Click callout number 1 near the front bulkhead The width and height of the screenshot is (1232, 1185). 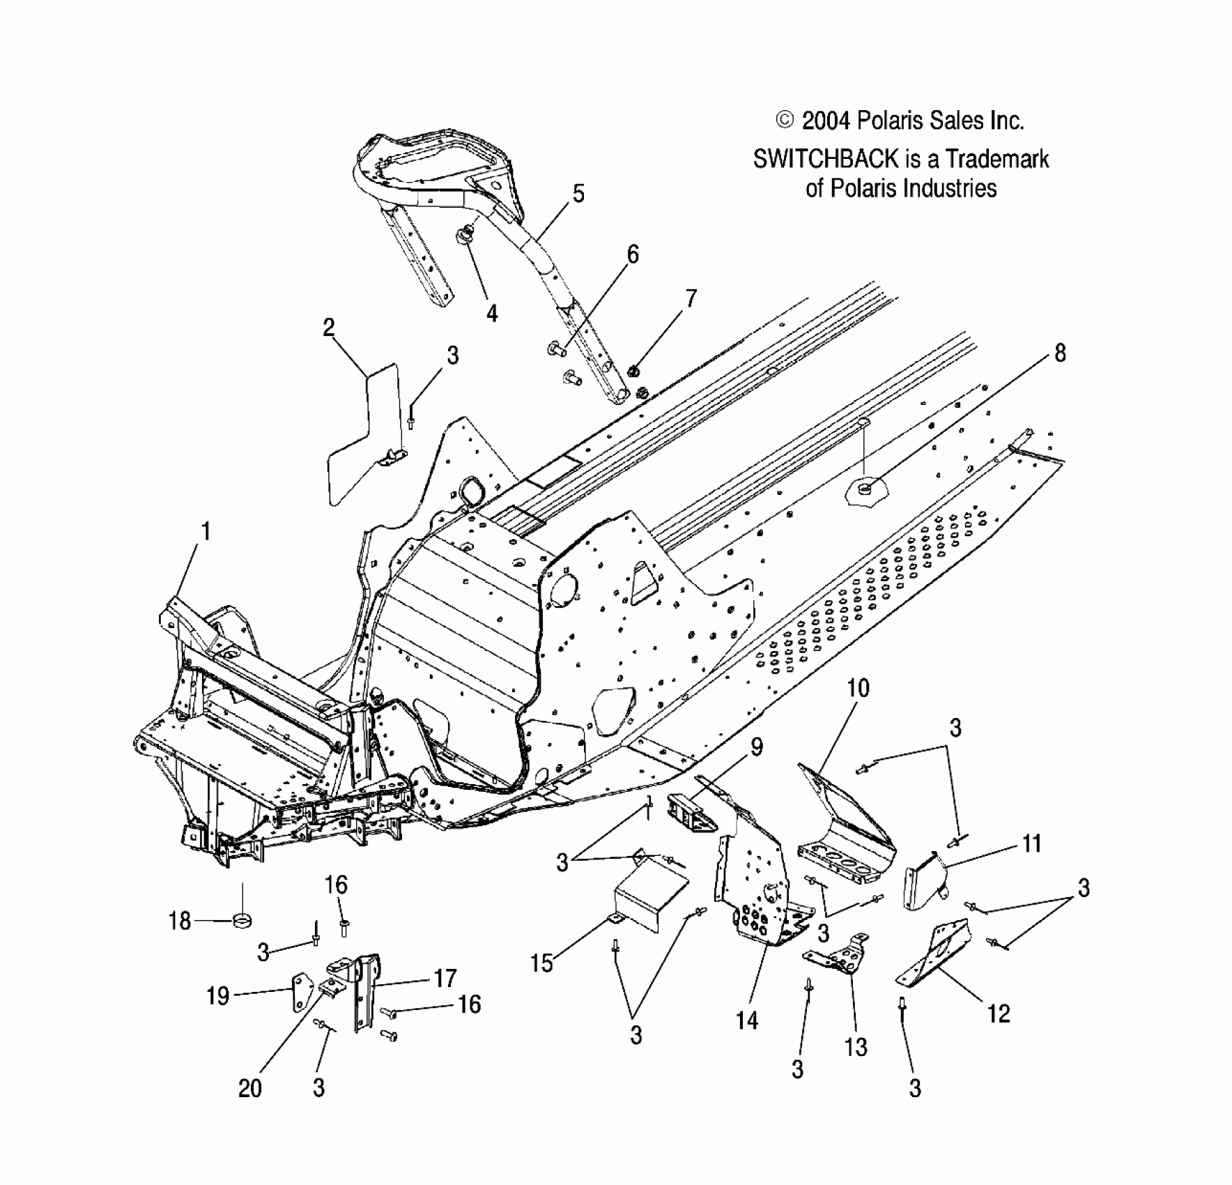coord(205,533)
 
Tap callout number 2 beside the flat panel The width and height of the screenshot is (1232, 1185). coord(329,328)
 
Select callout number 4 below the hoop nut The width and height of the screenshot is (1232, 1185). coord(492,314)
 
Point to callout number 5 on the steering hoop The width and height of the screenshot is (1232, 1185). coord(578,194)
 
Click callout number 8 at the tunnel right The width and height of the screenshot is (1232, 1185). coord(1059,353)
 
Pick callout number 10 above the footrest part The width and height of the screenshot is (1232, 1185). coord(858,688)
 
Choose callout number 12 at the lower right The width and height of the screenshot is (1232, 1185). coord(999,1014)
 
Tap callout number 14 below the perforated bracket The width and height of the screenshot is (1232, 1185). coord(746,1021)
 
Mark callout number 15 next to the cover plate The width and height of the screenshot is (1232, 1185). coord(541,964)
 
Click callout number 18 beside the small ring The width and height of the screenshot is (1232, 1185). coord(180,922)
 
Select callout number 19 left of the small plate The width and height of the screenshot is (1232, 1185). coord(217,995)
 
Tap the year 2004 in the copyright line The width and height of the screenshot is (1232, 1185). coord(826,121)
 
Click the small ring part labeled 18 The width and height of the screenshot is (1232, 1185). coord(242,922)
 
